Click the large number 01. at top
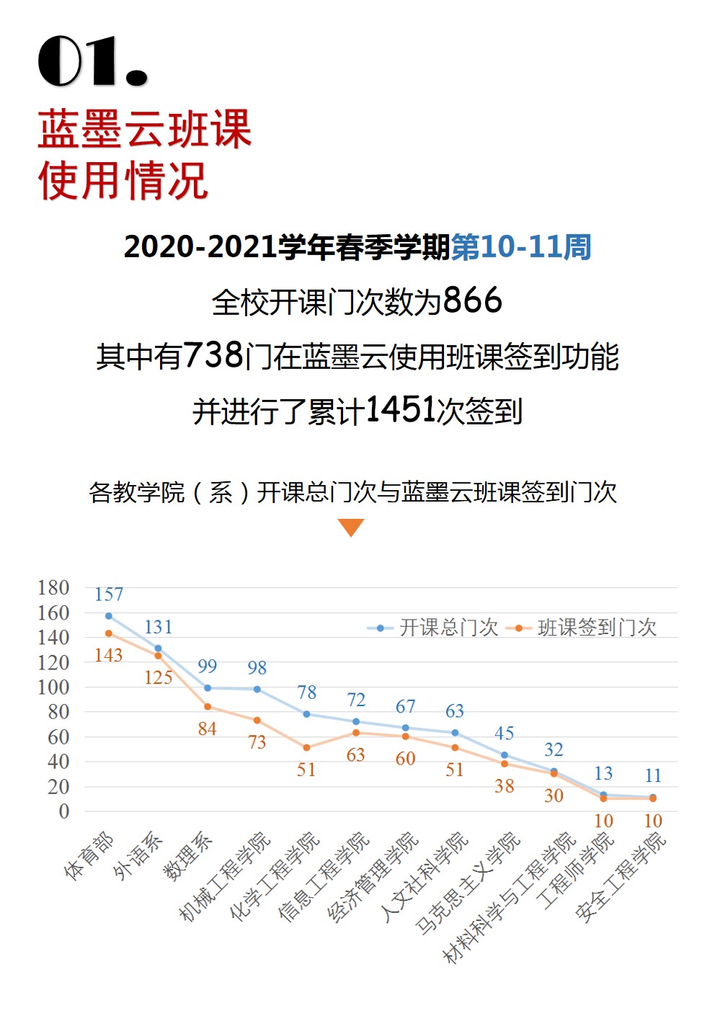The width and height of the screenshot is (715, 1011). point(92,61)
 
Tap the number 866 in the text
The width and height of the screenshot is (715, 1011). point(472,300)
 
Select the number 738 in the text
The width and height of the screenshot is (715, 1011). point(213,355)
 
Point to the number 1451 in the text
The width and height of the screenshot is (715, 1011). point(401,410)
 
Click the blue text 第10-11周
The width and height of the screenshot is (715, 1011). point(521,247)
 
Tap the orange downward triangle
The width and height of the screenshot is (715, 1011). point(351,527)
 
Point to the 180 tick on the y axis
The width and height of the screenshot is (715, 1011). point(54,588)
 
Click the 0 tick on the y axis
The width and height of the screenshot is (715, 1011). point(64,811)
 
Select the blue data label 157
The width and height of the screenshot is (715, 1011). point(109,594)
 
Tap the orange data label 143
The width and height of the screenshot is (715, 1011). point(109,655)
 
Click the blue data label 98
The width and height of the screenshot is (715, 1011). point(257,668)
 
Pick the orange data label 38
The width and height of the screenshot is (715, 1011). point(505,786)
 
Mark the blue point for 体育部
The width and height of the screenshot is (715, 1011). point(109,616)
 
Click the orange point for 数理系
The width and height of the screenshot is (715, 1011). point(208,707)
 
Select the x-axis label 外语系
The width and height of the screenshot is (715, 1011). point(138,855)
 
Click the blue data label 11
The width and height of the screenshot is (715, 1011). point(653,776)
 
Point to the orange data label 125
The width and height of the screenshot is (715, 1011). point(159,677)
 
